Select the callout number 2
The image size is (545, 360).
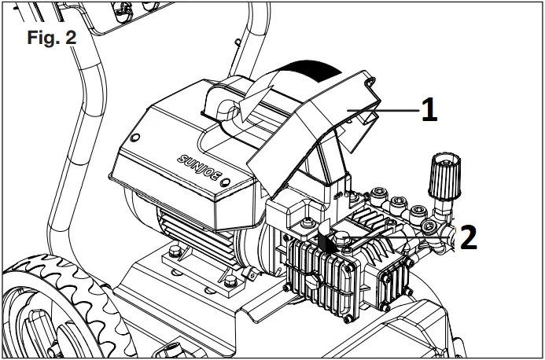(x=467, y=237)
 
